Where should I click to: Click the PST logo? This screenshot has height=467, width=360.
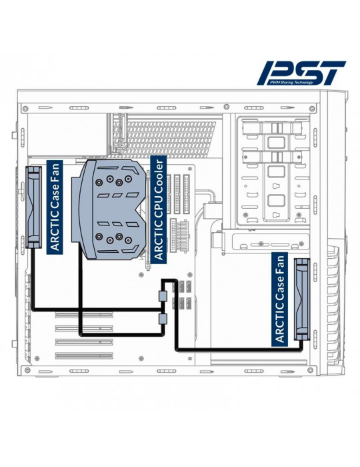click(x=301, y=73)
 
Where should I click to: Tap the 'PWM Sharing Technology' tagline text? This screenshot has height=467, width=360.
click(x=290, y=82)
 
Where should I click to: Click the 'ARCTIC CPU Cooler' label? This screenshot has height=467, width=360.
click(x=158, y=209)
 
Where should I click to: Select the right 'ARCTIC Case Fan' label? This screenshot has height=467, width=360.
click(x=280, y=299)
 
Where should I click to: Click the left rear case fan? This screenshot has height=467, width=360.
click(x=33, y=207)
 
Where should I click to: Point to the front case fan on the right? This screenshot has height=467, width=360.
click(x=302, y=299)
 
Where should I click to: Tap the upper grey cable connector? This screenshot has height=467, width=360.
click(x=163, y=296)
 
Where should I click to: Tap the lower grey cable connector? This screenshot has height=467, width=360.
click(x=163, y=319)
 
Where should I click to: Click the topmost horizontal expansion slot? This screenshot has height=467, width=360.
click(x=84, y=315)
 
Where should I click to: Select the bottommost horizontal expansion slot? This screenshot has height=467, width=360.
click(x=84, y=356)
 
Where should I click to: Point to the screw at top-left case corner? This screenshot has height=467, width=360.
click(x=25, y=108)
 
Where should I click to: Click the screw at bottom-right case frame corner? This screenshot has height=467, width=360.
click(x=310, y=370)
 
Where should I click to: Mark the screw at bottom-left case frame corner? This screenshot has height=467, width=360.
click(x=28, y=370)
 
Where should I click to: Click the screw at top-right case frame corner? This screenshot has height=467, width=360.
click(x=312, y=108)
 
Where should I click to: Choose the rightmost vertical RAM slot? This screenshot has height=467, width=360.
click(x=187, y=194)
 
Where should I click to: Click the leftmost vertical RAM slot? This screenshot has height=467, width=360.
click(x=169, y=194)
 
